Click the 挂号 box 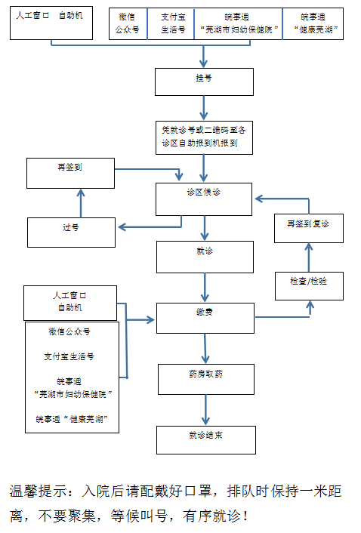coord(204,82)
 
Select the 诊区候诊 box coord(204,199)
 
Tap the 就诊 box coord(205,257)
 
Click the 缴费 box coord(205,318)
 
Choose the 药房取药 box coord(206,379)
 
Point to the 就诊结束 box coord(206,440)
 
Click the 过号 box coord(71,233)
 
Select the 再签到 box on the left coord(70,173)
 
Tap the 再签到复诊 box coord(309,228)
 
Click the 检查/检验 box coord(309,286)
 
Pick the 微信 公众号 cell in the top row coord(128,24)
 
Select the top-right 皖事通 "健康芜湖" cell coord(313,24)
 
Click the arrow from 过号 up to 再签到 coord(81,203)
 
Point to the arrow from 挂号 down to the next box coord(204,108)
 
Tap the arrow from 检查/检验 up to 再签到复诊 coord(309,257)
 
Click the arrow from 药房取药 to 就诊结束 coord(205,410)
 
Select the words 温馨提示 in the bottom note coord(38,491)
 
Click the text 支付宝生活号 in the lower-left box coord(69,356)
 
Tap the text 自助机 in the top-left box coord(71,16)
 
